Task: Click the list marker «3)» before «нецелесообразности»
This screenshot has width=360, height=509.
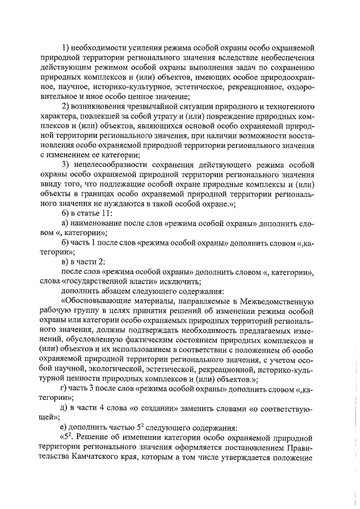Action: pyautogui.click(x=65, y=165)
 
